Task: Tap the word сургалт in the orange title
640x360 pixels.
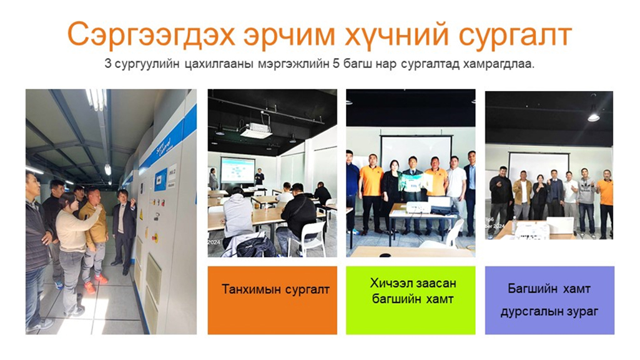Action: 515,36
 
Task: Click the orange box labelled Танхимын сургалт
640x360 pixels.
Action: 272,300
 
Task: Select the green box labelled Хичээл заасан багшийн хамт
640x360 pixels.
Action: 411,300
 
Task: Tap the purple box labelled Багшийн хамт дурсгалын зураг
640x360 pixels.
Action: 549,300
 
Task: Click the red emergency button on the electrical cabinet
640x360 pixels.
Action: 155,236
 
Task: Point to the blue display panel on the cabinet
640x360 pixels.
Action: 160,180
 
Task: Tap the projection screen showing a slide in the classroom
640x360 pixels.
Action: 237,170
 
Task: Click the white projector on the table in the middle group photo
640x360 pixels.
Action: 419,208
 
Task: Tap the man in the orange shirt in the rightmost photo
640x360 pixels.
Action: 605,203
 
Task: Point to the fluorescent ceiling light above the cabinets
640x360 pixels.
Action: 97,100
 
